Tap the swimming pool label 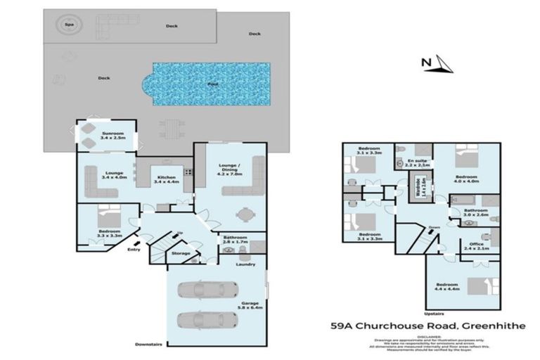(x=212, y=84)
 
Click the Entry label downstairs (x=134, y=248)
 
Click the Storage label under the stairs (x=181, y=253)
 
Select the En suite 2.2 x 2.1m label (x=418, y=163)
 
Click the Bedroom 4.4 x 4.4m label (x=447, y=287)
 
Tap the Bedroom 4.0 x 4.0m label (x=466, y=179)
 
